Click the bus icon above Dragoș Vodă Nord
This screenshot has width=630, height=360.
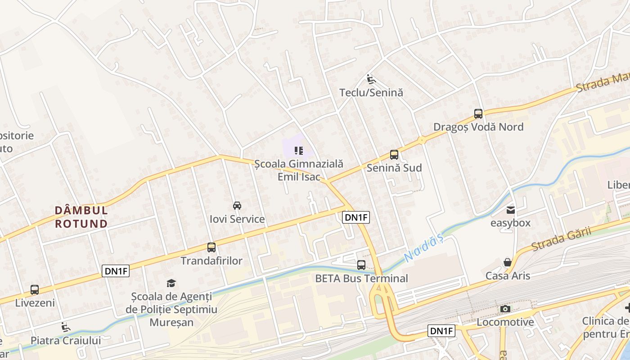coord(478,114)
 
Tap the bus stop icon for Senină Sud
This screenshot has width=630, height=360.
coord(394,155)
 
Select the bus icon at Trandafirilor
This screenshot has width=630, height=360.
coord(211,247)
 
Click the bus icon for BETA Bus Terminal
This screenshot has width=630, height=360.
coord(361,265)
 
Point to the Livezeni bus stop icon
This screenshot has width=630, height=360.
coord(35,290)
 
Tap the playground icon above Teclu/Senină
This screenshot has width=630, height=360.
coord(371,80)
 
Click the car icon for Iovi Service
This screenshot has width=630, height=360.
coord(237,206)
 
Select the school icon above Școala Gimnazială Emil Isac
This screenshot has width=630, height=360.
coord(299,150)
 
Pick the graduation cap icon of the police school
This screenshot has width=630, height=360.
coord(171,283)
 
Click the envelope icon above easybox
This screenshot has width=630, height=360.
coord(510,210)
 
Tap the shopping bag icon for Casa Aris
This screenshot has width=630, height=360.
coord(508,262)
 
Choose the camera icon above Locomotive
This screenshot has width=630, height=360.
coord(505,309)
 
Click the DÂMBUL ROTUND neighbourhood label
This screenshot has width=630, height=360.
coord(81,217)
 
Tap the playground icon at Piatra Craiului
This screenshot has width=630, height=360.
coord(66,327)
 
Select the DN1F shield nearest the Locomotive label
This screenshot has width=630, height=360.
coord(442,331)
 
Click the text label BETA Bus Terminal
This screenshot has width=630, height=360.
coord(361,278)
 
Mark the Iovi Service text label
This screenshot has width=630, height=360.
coord(237,219)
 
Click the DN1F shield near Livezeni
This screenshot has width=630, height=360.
coord(116,271)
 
